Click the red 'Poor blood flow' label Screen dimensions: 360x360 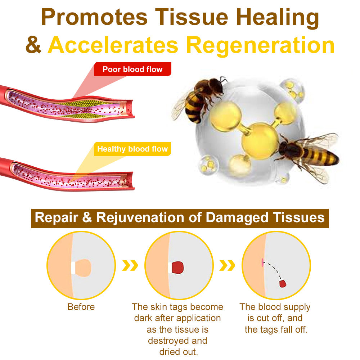132,69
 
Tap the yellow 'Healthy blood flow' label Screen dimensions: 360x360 132,149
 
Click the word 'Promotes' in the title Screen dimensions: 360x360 94,17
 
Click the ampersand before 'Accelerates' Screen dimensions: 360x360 33,45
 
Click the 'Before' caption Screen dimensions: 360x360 81,307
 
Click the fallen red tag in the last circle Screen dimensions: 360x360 283,283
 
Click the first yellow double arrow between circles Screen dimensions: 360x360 130,266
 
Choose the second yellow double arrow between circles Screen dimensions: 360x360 228,266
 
